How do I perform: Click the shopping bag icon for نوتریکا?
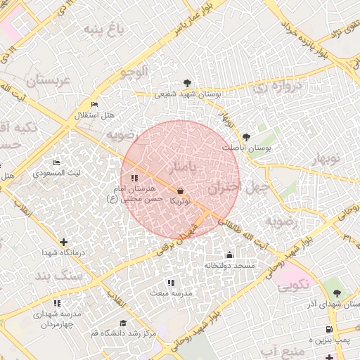pos(181,191)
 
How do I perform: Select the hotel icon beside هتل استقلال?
pos(94,105)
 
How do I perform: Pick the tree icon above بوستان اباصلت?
pos(245,138)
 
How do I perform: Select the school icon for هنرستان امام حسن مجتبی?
pos(135,178)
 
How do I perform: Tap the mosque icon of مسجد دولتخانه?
pos(229,255)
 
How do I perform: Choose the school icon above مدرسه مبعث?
pos(169,283)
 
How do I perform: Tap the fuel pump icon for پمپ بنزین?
pos(328,330)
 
